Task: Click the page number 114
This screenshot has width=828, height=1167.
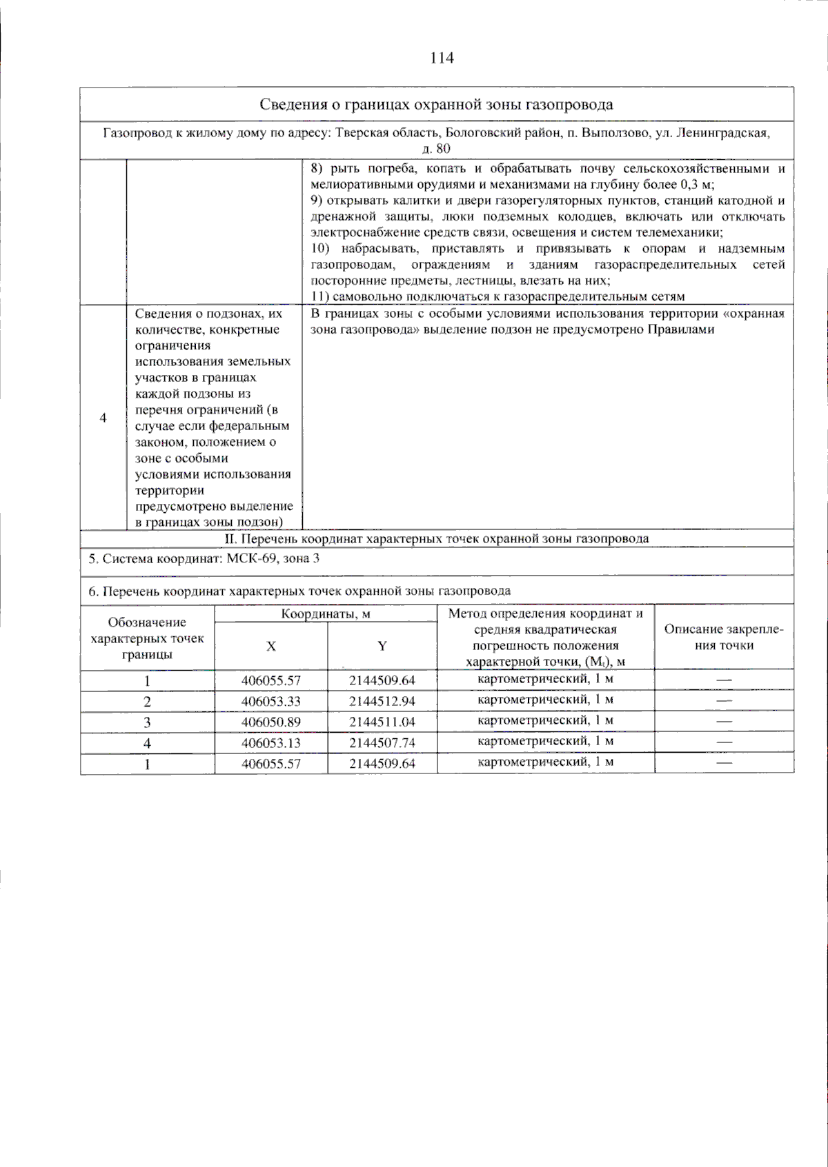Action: [x=442, y=59]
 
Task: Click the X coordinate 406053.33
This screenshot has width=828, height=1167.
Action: [x=271, y=702]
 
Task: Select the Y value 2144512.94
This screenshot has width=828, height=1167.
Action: [x=382, y=702]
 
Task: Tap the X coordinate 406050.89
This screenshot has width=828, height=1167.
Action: [x=271, y=722]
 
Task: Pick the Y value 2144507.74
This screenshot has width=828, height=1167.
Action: [x=382, y=743]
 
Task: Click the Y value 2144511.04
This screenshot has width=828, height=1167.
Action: [x=382, y=722]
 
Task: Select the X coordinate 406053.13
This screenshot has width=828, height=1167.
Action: [x=271, y=743]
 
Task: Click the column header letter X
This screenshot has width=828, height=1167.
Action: [x=271, y=647]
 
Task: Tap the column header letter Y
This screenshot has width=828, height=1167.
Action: [x=382, y=647]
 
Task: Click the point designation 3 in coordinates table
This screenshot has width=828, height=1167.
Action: [x=147, y=722]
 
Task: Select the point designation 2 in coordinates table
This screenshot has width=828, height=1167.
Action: [x=147, y=702]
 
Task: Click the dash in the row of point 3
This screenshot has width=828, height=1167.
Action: [x=723, y=722]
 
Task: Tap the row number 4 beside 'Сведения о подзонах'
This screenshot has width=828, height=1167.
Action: [x=103, y=418]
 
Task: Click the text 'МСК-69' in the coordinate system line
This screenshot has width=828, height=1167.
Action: [x=250, y=558]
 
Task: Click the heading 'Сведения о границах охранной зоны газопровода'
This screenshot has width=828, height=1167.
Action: [x=436, y=105]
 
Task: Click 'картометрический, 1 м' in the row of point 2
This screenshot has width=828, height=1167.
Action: [x=545, y=700]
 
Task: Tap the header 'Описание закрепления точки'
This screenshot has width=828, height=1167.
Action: [x=723, y=638]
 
